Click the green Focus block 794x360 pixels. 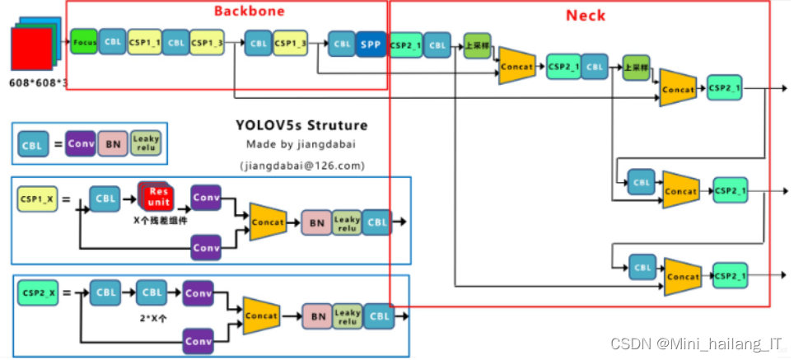coord(84,42)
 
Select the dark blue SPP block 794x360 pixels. coord(370,44)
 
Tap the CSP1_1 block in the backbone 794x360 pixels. coord(144,42)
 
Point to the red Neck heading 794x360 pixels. coord(585,16)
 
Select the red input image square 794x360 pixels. coord(32,49)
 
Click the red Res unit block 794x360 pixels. coord(156,197)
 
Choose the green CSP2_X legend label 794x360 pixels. coord(37,292)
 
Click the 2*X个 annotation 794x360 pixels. coord(151,315)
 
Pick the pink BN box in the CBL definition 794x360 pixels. coord(114,145)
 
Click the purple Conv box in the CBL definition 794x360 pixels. coord(81,144)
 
